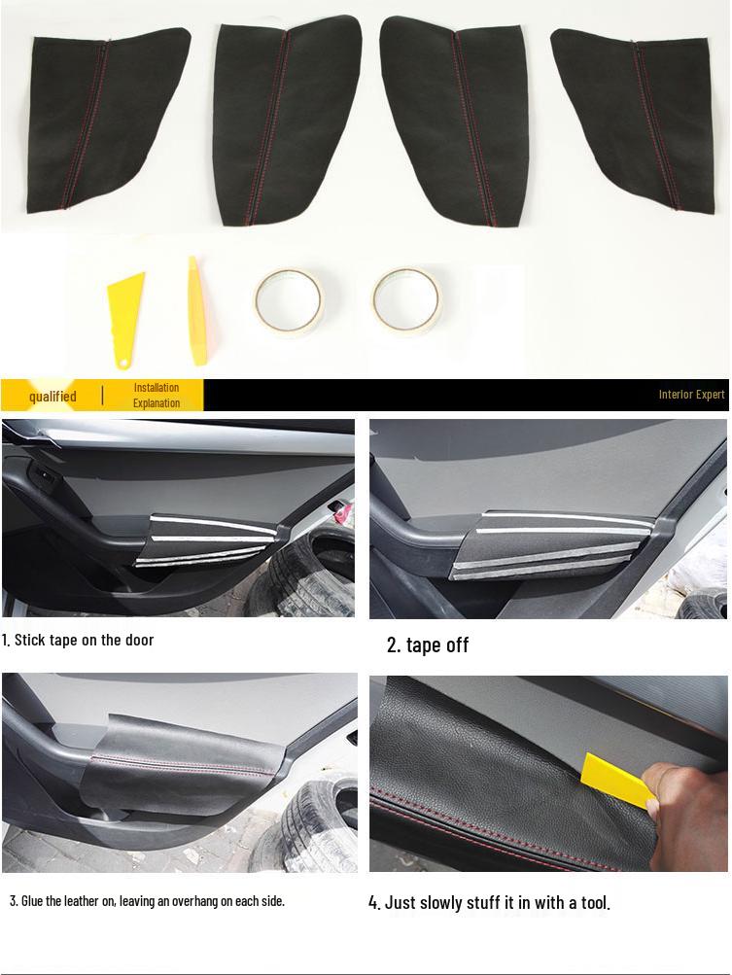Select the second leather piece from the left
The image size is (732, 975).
coord(284,122)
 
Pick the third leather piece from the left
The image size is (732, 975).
coord(457,117)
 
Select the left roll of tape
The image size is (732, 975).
coord(289,300)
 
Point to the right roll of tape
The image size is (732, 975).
coord(406,299)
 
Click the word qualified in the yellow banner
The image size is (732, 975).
coord(52,396)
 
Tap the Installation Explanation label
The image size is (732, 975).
coord(157,395)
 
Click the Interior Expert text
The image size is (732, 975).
coord(691,395)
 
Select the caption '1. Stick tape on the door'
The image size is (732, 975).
coord(78,640)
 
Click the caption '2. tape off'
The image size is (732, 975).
coord(428,645)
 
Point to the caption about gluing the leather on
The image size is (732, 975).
coord(147,901)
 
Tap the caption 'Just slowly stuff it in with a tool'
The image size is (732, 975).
coord(489,903)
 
